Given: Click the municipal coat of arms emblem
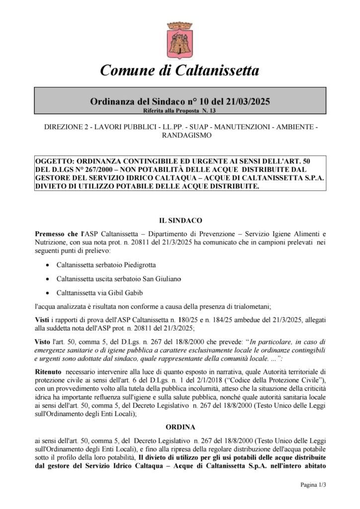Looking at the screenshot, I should click(180, 37).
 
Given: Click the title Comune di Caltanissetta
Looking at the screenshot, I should click(180, 71).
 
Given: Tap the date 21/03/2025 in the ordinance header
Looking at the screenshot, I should click(246, 101).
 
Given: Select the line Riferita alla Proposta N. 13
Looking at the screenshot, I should click(180, 110).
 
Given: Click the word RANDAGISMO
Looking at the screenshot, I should click(180, 135).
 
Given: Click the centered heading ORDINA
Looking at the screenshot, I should click(180, 426).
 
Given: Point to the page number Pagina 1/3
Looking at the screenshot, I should click(316, 484).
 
